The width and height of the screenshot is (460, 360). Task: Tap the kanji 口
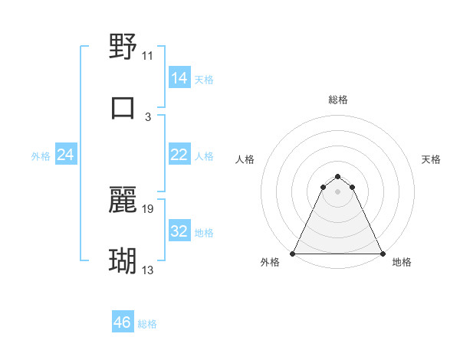[123, 106]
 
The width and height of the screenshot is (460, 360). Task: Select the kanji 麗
[123, 201]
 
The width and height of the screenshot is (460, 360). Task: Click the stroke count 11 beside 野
[147, 56]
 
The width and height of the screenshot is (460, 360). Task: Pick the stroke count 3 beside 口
[147, 116]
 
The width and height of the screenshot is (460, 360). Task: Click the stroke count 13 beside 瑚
[147, 270]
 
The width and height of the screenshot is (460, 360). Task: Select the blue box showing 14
[179, 78]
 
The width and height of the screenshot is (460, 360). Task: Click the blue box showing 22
[179, 155]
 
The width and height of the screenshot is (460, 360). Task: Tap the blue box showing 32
[179, 232]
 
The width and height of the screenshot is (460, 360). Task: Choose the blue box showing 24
[65, 155]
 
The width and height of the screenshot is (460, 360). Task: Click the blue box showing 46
[122, 322]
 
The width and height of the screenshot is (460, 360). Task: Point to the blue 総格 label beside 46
[147, 324]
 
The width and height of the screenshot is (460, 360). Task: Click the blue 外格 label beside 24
[41, 156]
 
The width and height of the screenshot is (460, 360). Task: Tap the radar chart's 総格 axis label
[338, 100]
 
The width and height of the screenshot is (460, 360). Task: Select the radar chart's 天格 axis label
[431, 159]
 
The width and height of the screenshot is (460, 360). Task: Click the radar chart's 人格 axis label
[245, 159]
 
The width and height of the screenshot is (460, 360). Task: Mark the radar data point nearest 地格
[382, 253]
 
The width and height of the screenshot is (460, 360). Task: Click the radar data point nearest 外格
[294, 253]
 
